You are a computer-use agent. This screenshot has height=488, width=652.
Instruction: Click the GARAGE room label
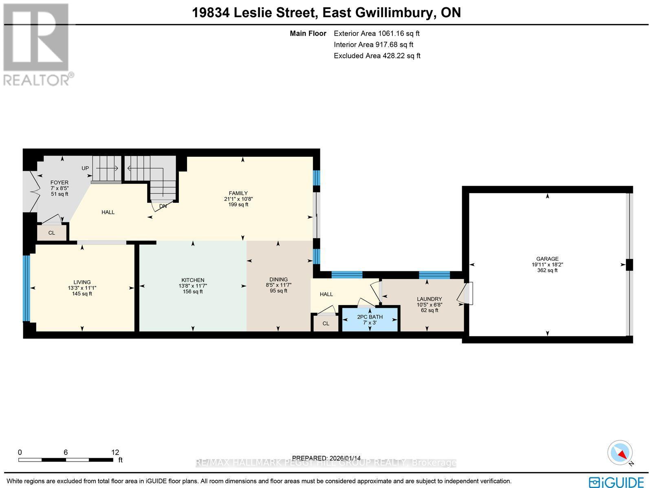547,259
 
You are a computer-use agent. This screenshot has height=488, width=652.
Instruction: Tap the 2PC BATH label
370,317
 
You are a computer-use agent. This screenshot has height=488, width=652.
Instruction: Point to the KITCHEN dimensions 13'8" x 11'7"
193,286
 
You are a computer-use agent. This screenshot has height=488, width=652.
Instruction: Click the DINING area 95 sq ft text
278,291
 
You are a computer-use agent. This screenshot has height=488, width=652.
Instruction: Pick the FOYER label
59,182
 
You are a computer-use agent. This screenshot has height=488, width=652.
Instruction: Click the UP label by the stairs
85,168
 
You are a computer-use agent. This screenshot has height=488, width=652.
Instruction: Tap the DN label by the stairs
163,206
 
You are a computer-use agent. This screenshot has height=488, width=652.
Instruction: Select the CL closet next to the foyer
52,233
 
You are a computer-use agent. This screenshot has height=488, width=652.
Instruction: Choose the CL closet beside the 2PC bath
326,323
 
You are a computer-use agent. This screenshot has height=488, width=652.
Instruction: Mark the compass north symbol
620,453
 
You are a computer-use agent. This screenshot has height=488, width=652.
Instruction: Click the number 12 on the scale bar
115,452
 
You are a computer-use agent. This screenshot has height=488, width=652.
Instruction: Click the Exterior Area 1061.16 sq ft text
377,34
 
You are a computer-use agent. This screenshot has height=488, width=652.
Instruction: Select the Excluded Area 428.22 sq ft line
377,56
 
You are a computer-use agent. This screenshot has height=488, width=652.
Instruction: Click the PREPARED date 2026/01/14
326,458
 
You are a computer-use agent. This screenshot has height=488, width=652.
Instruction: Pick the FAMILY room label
238,193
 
